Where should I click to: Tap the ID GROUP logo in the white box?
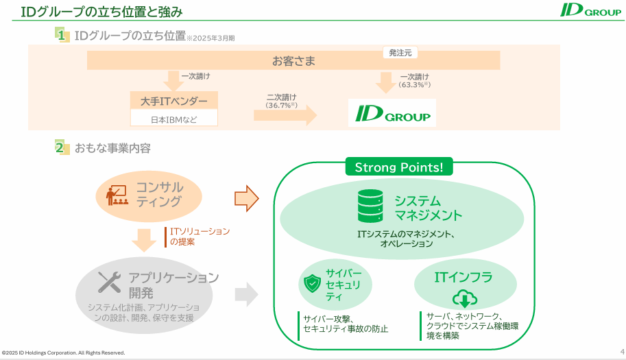(x=392, y=114)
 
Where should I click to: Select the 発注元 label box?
(x=400, y=53)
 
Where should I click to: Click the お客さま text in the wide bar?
(x=293, y=61)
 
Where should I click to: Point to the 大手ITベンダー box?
(x=173, y=101)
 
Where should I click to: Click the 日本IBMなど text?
(x=173, y=119)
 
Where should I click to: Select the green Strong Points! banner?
(x=398, y=167)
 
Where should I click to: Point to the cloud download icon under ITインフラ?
(x=464, y=299)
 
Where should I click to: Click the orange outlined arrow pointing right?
(x=247, y=198)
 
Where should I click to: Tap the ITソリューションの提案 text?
(x=200, y=236)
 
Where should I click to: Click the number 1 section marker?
(x=62, y=35)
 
